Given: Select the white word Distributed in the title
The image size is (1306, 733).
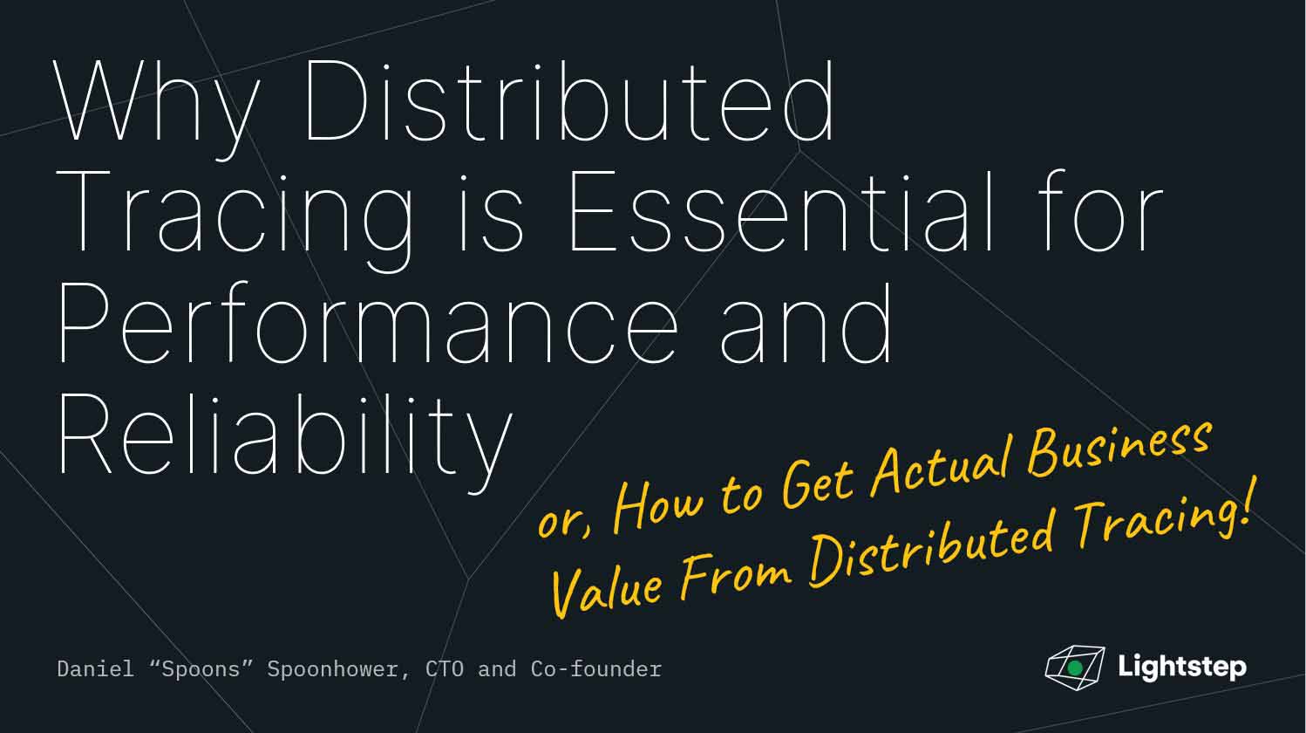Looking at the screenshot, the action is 569,99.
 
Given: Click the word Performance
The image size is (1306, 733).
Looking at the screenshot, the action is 369,322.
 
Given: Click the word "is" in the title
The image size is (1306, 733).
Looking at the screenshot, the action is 491,213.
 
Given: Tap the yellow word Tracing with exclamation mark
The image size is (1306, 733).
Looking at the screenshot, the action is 1164,517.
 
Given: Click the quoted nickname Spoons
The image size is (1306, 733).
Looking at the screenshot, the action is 201,668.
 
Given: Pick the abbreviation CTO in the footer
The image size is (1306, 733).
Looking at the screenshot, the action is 445,668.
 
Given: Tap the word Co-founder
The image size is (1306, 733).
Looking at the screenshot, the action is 595,668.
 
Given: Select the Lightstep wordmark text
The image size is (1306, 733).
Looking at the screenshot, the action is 1182,667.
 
